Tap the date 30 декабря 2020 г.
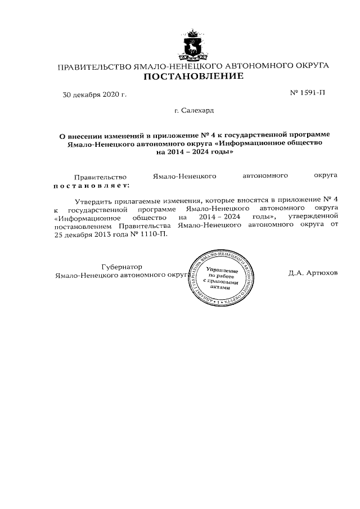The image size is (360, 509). coord(94,94)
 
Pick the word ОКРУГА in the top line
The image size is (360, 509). coord(308,67)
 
